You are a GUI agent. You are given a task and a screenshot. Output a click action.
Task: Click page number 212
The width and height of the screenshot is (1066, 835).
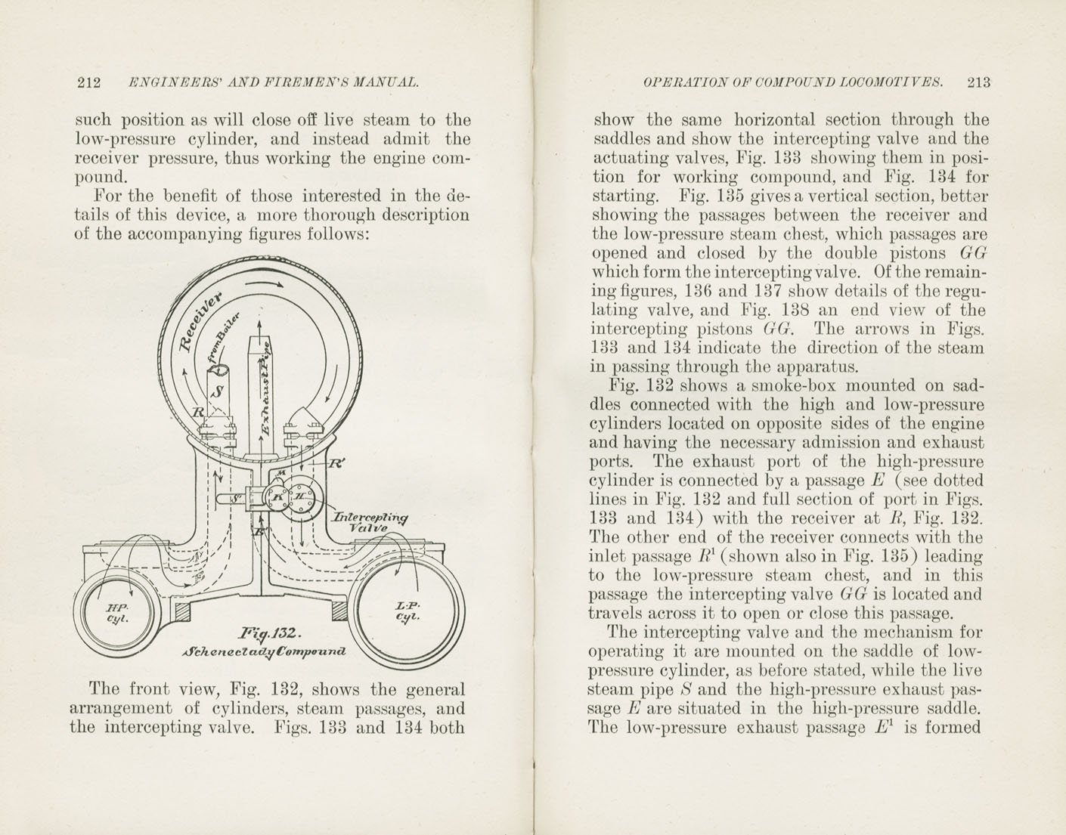pyautogui.click(x=89, y=83)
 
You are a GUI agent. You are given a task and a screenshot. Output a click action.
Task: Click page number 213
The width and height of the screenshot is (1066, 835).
pyautogui.click(x=977, y=83)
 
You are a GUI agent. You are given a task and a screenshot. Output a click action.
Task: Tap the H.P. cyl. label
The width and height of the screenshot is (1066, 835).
pyautogui.click(x=116, y=613)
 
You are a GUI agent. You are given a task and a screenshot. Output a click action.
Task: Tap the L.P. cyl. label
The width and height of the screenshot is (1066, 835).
pyautogui.click(x=407, y=611)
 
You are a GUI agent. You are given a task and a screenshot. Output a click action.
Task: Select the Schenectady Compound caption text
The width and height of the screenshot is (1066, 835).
pyautogui.click(x=264, y=651)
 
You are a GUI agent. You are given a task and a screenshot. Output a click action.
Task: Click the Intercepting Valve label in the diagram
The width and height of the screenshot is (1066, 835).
pyautogui.click(x=371, y=522)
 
